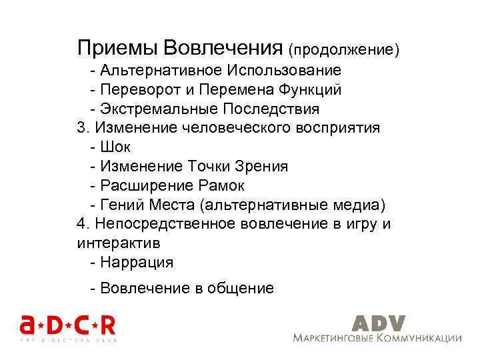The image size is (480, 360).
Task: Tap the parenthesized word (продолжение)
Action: [343, 49]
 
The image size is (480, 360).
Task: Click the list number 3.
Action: [81, 127]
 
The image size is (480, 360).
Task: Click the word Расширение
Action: [140, 185]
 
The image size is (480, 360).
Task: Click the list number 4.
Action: [81, 224]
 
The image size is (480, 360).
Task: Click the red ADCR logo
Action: [67, 326]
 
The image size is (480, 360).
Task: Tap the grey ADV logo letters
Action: [378, 322]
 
